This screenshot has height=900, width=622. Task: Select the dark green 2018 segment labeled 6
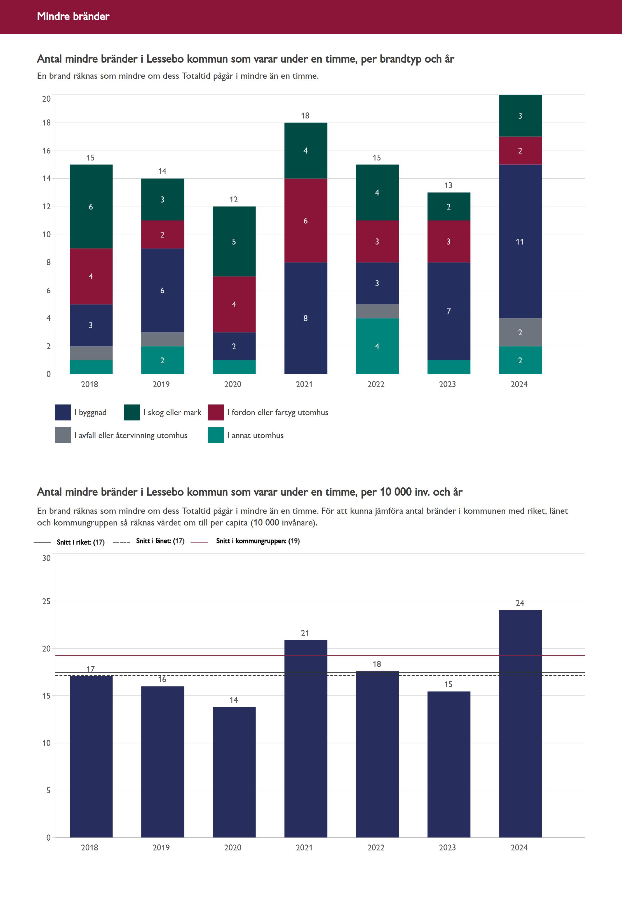pyautogui.click(x=91, y=206)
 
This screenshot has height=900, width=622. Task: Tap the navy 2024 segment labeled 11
pyautogui.click(x=520, y=241)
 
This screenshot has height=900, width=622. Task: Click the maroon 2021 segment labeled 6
pyautogui.click(x=306, y=220)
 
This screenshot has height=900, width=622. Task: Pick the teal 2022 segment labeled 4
pyautogui.click(x=377, y=346)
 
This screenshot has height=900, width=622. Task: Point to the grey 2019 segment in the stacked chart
pyautogui.click(x=163, y=339)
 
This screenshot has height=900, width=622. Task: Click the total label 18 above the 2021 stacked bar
pyautogui.click(x=305, y=115)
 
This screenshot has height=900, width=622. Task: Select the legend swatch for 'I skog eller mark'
pyautogui.click(x=132, y=412)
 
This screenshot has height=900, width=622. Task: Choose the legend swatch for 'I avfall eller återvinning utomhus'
pyautogui.click(x=63, y=435)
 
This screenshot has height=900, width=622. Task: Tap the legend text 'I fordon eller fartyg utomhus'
pyautogui.click(x=278, y=412)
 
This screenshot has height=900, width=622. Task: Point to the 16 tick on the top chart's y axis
pyautogui.click(x=46, y=151)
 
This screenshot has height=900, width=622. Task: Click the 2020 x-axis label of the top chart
pyautogui.click(x=233, y=384)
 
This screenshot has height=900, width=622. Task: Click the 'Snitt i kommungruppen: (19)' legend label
pyautogui.click(x=258, y=541)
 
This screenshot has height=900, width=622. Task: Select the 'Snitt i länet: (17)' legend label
pyautogui.click(x=160, y=541)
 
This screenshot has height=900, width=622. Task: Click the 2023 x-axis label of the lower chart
pyautogui.click(x=447, y=847)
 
